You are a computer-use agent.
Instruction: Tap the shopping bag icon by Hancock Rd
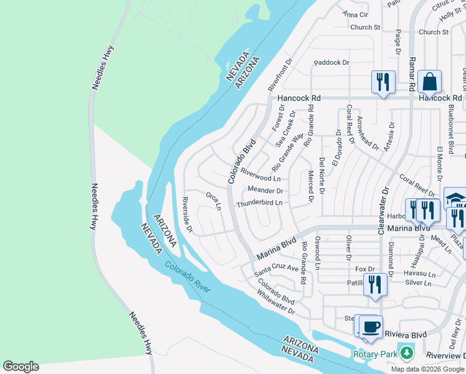429,82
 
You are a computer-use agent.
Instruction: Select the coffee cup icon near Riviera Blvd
371,327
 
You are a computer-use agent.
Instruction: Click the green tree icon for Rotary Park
407,353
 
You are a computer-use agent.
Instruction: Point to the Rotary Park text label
375,354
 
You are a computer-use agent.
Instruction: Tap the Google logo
21,367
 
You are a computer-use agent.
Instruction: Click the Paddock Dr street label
332,63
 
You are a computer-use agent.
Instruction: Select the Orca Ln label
214,201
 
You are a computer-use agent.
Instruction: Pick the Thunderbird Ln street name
259,203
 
